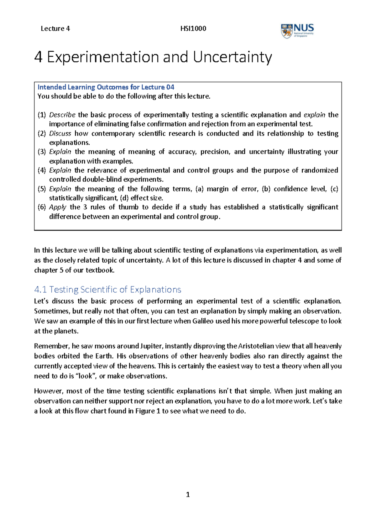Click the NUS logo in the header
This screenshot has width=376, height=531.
point(297,31)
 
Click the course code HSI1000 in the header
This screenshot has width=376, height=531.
point(193,28)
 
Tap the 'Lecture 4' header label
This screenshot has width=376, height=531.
point(55,28)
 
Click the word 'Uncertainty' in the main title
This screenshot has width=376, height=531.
point(232,57)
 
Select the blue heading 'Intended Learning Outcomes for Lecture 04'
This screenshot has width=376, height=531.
point(106,87)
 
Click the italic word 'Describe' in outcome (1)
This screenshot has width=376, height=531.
point(62,115)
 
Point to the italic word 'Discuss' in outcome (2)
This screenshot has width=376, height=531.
point(60,133)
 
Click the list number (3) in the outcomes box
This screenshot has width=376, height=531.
point(42,152)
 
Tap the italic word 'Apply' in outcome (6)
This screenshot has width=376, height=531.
point(58,207)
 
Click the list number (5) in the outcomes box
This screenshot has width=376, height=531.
point(42,189)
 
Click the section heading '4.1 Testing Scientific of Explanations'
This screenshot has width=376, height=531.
point(107,289)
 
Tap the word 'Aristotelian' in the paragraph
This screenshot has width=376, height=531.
point(255,346)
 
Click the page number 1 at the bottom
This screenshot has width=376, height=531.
point(188,495)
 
